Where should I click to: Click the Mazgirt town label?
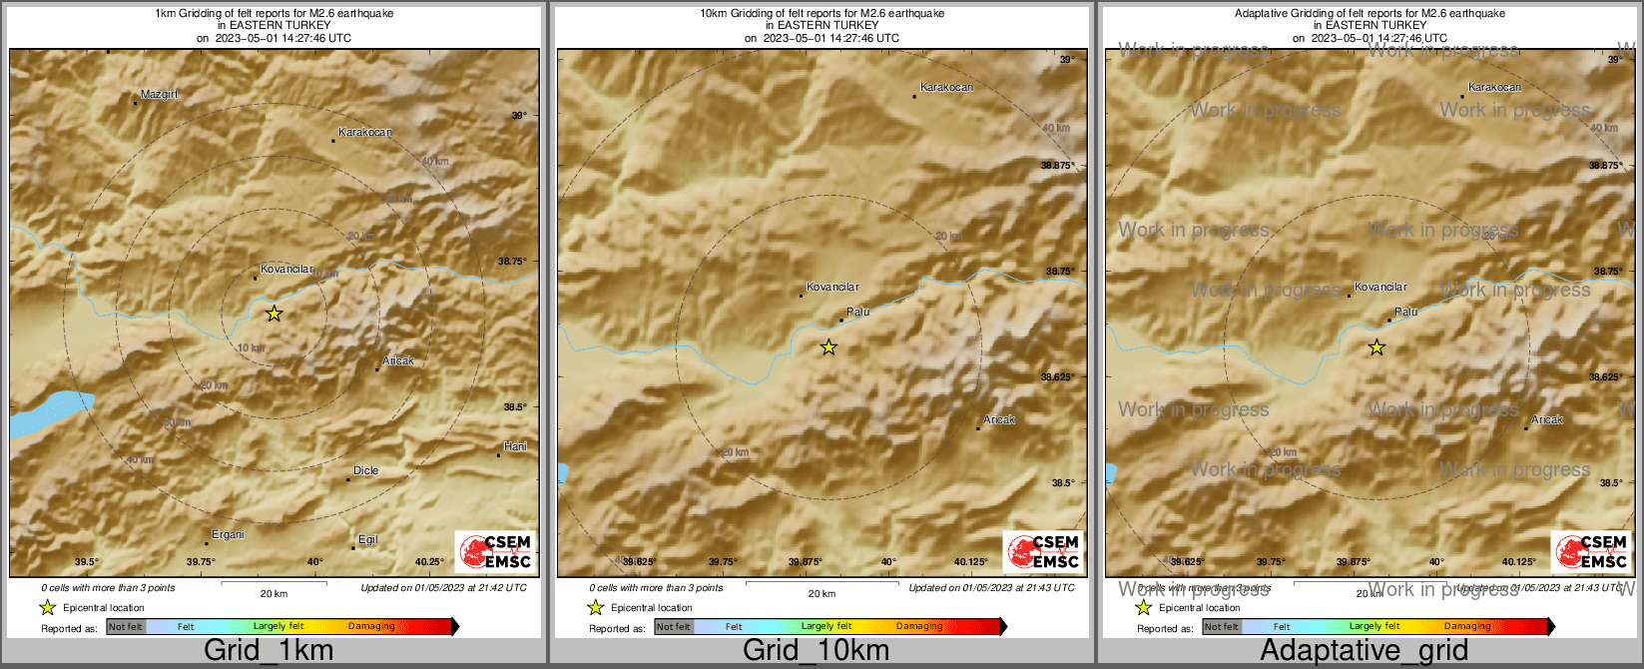point(159,94)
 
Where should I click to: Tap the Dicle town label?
point(365,470)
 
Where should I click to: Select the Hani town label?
point(515,446)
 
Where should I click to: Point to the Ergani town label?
point(228,534)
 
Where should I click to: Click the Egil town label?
point(367,539)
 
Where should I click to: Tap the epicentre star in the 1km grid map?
point(274,314)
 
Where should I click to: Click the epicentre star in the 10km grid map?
point(828,347)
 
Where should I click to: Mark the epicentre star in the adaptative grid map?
point(1376,347)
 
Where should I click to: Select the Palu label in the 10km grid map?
point(857,312)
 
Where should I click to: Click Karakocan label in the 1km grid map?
point(365,132)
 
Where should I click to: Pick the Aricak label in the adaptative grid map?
point(1547,419)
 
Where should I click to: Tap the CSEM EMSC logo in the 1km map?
point(494,552)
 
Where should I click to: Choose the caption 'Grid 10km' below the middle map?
point(816,651)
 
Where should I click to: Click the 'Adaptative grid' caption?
point(1364,651)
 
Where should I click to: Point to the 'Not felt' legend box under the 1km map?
point(126,627)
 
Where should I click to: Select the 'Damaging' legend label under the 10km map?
point(918,627)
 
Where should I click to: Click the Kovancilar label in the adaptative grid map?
point(1380,287)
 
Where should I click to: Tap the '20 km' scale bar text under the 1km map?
point(274,594)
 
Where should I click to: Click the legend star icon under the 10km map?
point(596,607)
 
